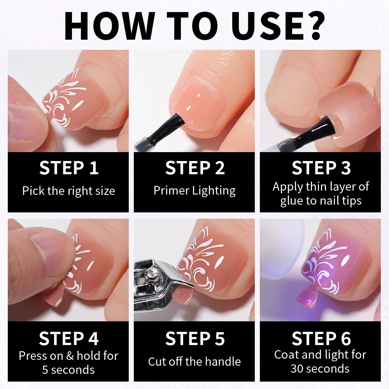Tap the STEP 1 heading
[x=69, y=168]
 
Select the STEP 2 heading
[x=195, y=168]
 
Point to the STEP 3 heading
[x=321, y=168]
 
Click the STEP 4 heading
[x=69, y=339]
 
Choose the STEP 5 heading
[x=195, y=339]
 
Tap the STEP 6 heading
[x=321, y=339]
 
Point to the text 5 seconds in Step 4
[x=68, y=370]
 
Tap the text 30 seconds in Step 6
[x=320, y=369]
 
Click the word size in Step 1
[x=105, y=191]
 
